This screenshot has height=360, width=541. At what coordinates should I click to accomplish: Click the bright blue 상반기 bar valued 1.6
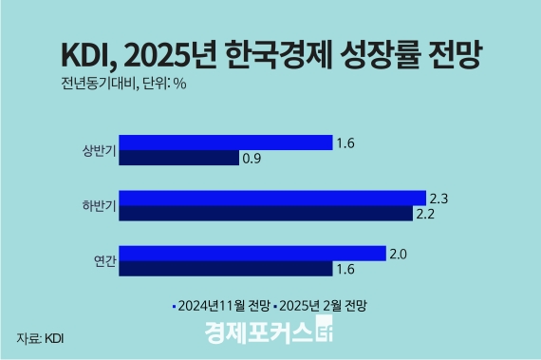coord(225,143)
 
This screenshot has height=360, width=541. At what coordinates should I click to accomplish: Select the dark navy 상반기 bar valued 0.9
coord(178,158)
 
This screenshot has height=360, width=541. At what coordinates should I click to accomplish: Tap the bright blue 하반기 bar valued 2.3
coord(272,198)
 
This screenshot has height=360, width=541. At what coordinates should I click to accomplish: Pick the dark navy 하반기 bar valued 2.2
coord(269,212)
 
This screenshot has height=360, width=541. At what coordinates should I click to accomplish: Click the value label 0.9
coord(252,159)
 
